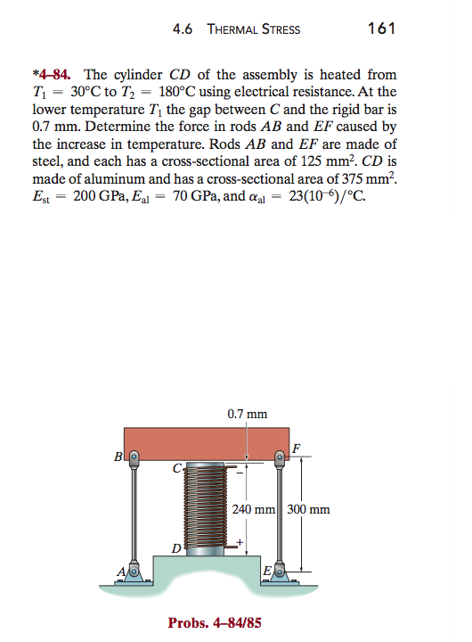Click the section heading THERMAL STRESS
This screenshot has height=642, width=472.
click(253, 29)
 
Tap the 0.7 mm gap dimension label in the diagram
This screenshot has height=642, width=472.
click(247, 413)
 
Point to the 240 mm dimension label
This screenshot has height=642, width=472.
click(256, 510)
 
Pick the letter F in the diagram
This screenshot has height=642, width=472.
click(297, 447)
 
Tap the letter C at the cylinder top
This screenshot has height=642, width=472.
click(177, 465)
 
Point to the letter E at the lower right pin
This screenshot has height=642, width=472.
click(267, 572)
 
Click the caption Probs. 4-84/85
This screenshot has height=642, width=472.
click(215, 622)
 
